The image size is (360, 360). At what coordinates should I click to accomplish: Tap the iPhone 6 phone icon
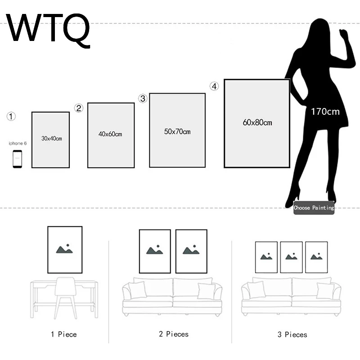click(x=17, y=159)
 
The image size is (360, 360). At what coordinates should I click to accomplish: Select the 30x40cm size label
click(x=51, y=139)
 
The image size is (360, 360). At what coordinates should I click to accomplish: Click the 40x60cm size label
click(x=110, y=134)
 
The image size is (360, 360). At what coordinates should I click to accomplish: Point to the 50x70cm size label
click(x=177, y=131)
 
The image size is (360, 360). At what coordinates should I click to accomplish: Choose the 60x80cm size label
click(x=257, y=122)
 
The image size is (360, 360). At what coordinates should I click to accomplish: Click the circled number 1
click(x=11, y=117)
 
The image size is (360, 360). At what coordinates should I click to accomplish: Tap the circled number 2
click(x=79, y=108)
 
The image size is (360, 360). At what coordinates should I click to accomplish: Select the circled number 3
click(x=143, y=99)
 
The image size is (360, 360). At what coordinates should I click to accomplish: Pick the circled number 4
click(x=214, y=86)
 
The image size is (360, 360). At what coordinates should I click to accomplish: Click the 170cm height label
click(x=325, y=112)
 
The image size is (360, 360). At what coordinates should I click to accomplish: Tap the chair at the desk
click(x=65, y=297)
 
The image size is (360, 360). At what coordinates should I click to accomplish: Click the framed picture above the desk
click(x=65, y=250)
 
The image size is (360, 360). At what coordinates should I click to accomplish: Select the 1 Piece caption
click(x=63, y=334)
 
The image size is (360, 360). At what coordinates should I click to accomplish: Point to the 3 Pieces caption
click(x=292, y=334)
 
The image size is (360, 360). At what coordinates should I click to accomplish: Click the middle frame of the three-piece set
click(x=291, y=257)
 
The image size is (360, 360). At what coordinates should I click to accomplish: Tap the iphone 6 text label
click(x=18, y=143)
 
